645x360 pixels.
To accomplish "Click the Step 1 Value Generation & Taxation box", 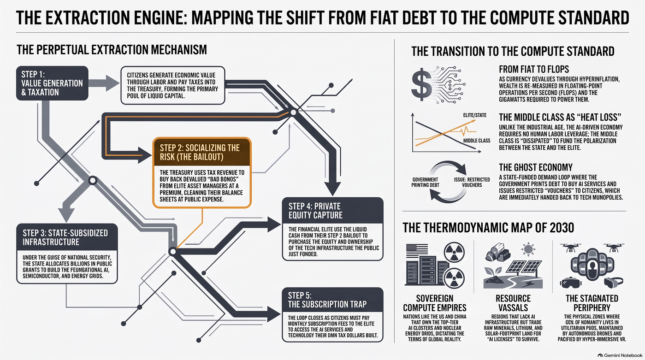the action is click(x=52, y=83).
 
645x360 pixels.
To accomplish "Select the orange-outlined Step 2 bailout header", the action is click(x=202, y=152).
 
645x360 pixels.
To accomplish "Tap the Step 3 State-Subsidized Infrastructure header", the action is click(x=67, y=237).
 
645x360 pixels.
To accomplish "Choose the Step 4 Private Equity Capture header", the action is click(x=332, y=211).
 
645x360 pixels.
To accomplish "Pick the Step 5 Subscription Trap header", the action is click(x=332, y=300).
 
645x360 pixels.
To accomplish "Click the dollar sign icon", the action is click(x=422, y=85).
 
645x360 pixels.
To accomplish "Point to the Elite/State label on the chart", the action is click(x=474, y=115).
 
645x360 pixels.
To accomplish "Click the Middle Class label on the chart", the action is click(x=477, y=141).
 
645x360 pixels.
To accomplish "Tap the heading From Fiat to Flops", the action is click(x=534, y=70).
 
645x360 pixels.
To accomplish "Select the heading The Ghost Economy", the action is click(x=536, y=167).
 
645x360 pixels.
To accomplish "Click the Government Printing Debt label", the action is click(x=425, y=182).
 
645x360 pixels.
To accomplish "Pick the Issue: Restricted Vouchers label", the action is click(x=472, y=182).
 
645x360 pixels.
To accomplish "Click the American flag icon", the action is click(x=417, y=251).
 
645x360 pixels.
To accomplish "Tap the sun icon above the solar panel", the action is click(x=528, y=249).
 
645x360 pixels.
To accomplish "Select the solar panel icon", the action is click(x=524, y=267).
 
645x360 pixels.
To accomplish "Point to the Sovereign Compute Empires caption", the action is click(x=434, y=303).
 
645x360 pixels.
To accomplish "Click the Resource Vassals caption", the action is click(x=513, y=303).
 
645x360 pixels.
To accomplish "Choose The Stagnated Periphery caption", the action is click(x=592, y=303).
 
